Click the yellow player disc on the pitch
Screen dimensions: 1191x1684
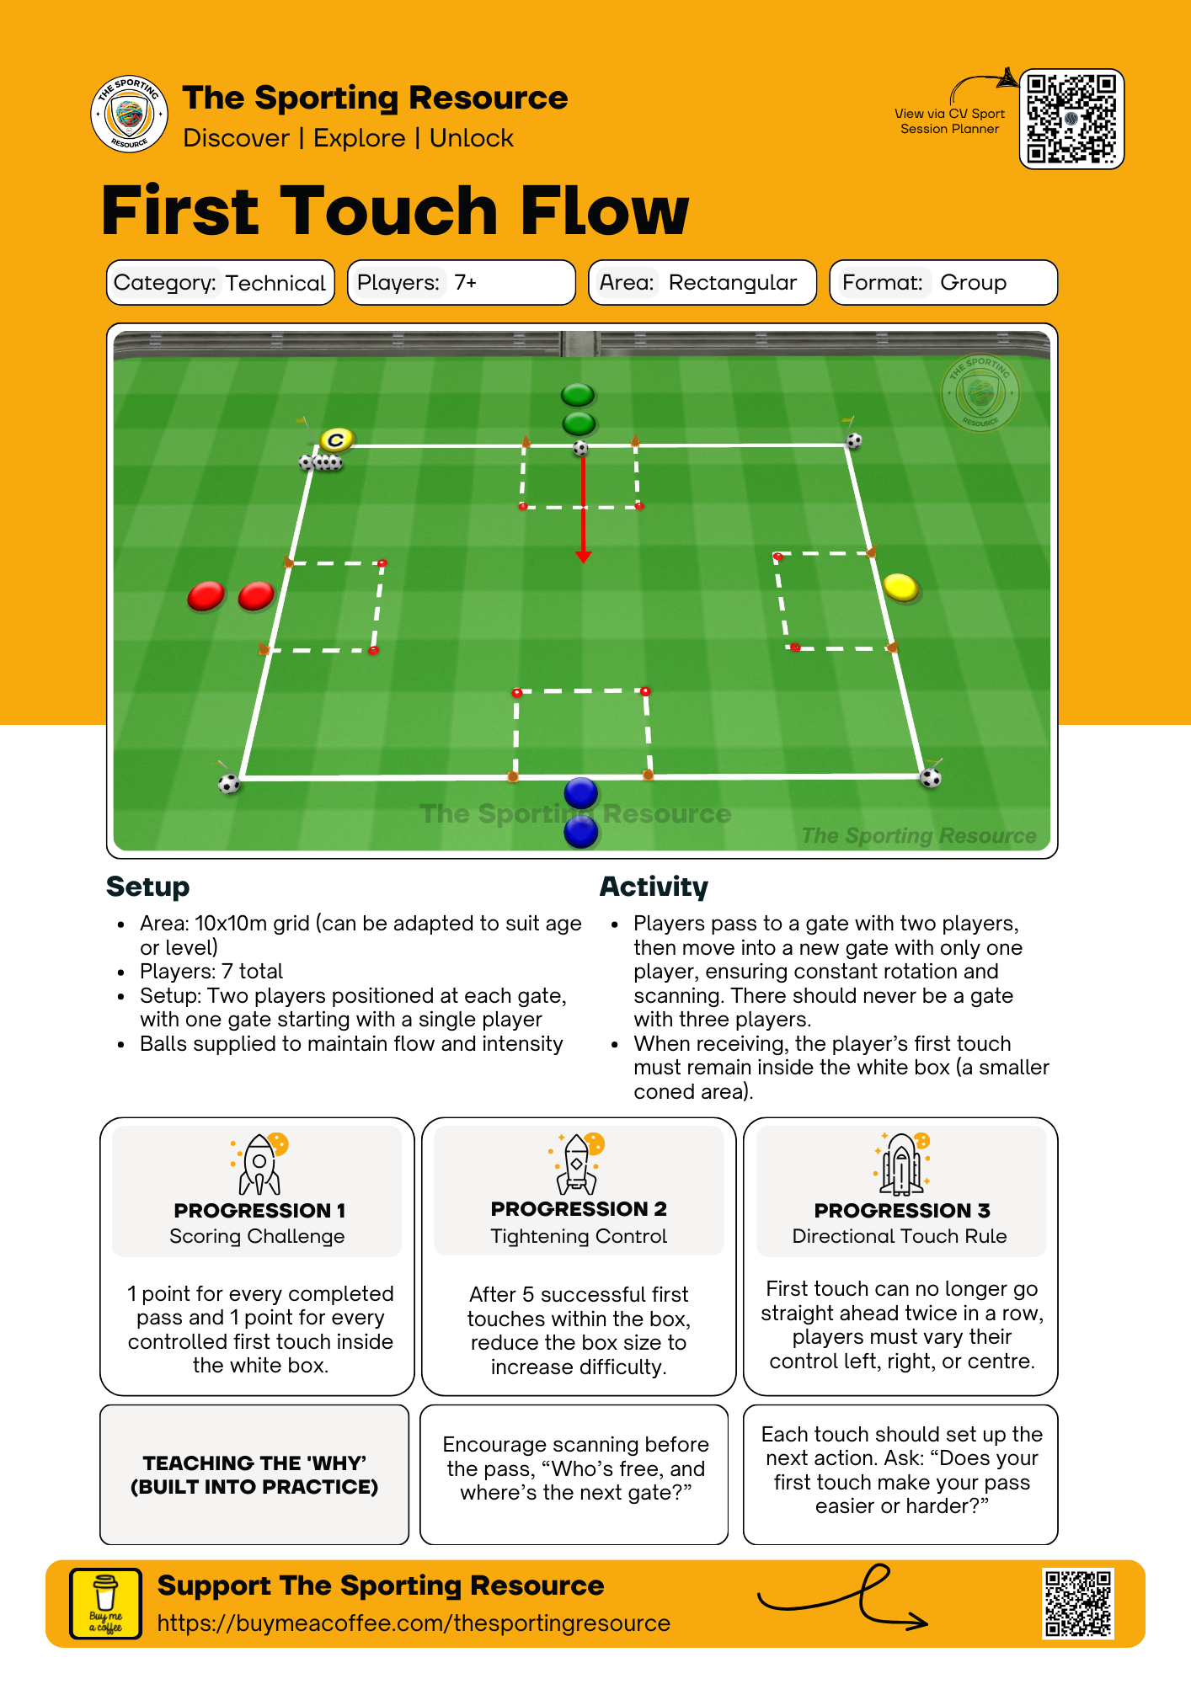900,587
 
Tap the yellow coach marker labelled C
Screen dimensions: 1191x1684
337,440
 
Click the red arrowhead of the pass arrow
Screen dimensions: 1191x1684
583,557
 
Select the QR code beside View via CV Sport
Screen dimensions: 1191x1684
1071,119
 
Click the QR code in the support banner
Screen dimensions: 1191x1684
1078,1602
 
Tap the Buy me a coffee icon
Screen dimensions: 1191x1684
106,1603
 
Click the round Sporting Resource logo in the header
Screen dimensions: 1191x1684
129,115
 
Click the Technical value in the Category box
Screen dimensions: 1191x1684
275,283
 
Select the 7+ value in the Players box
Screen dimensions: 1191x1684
466,282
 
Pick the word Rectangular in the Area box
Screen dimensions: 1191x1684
732,282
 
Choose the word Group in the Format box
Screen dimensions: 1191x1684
973,282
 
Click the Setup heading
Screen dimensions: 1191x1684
148,887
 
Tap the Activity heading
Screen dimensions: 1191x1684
654,887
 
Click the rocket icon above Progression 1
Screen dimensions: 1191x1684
259,1164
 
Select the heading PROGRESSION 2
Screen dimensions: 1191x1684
579,1209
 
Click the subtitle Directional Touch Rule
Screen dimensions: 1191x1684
900,1236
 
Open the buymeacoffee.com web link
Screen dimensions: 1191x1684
414,1623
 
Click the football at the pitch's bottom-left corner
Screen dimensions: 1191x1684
229,784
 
